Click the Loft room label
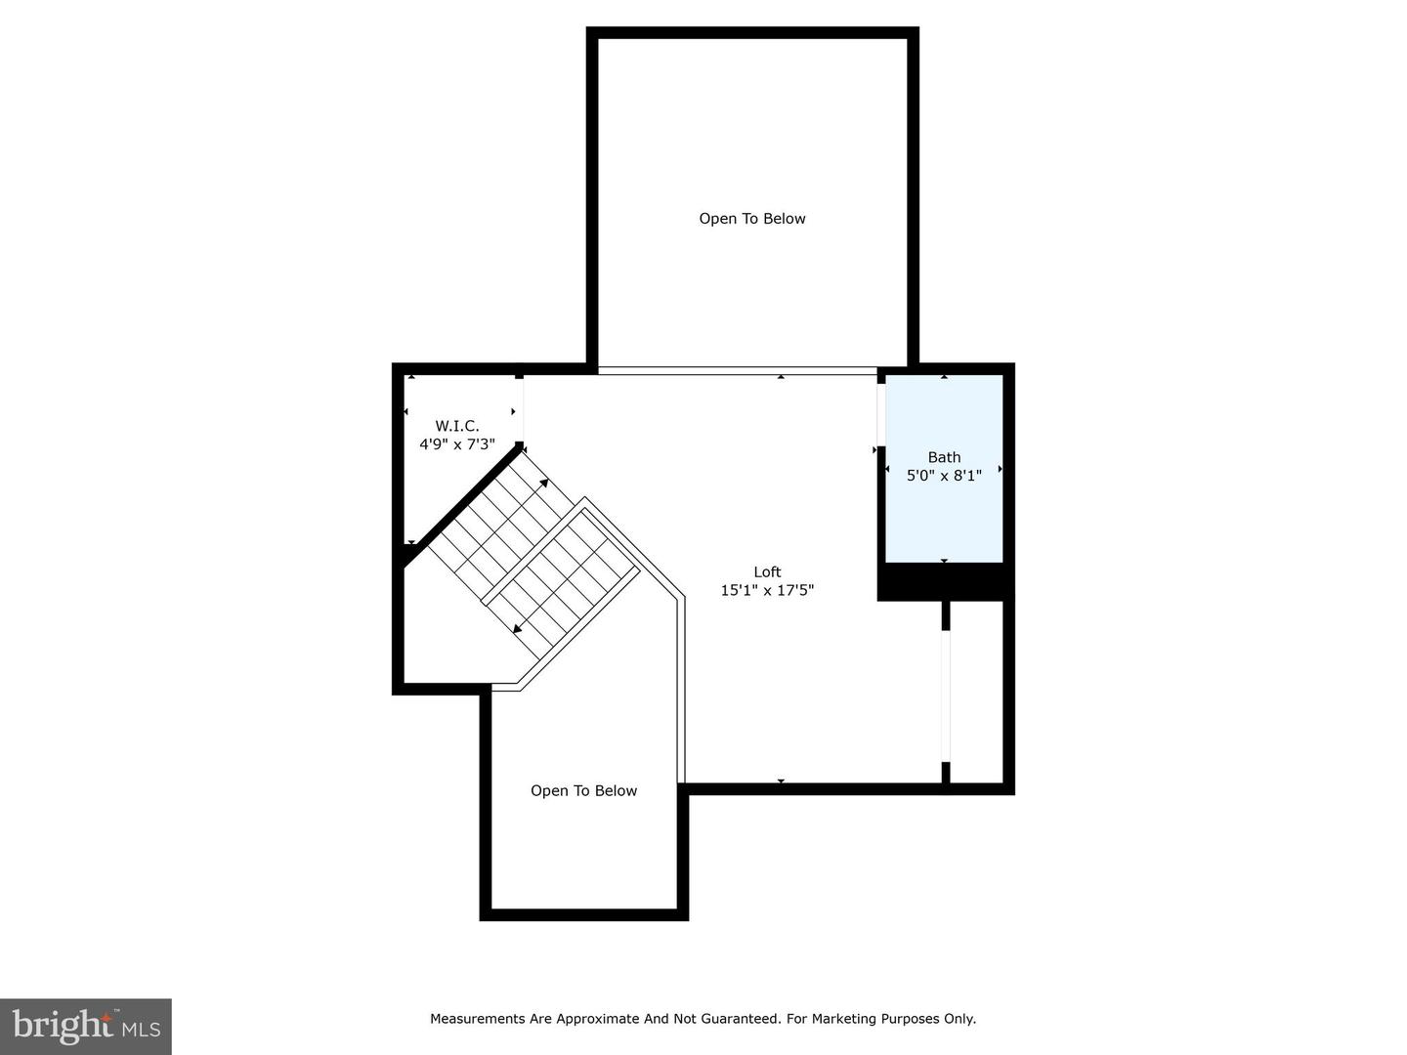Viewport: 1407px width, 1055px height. coord(767,572)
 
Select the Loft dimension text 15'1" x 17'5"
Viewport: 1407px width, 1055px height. coord(767,590)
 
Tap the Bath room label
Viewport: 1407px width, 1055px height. coord(944,457)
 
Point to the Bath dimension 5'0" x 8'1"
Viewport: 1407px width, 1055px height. coord(944,476)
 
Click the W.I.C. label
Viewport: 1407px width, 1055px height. coord(457,426)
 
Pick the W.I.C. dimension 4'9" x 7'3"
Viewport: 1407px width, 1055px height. coord(457,444)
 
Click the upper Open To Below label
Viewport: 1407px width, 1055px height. coord(751,219)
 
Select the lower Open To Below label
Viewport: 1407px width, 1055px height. coord(583,791)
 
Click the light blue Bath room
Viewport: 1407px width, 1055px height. coord(944,518)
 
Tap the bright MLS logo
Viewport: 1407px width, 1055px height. coord(86,1026)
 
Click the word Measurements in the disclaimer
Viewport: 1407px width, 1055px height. coord(478,1019)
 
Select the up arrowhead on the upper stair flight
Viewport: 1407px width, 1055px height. coord(543,483)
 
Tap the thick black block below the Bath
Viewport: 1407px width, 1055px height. coord(944,582)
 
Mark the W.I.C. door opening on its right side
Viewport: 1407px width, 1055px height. coord(520,410)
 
